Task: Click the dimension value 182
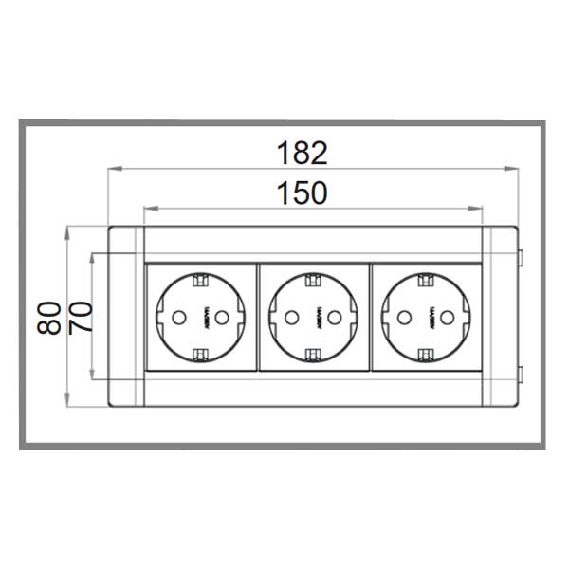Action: pos(302,152)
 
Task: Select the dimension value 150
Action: pos(302,193)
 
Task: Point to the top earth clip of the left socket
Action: pos(199,281)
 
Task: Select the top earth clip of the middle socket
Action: pos(312,281)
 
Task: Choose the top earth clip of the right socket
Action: pos(425,281)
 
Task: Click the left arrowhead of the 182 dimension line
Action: pos(113,170)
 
